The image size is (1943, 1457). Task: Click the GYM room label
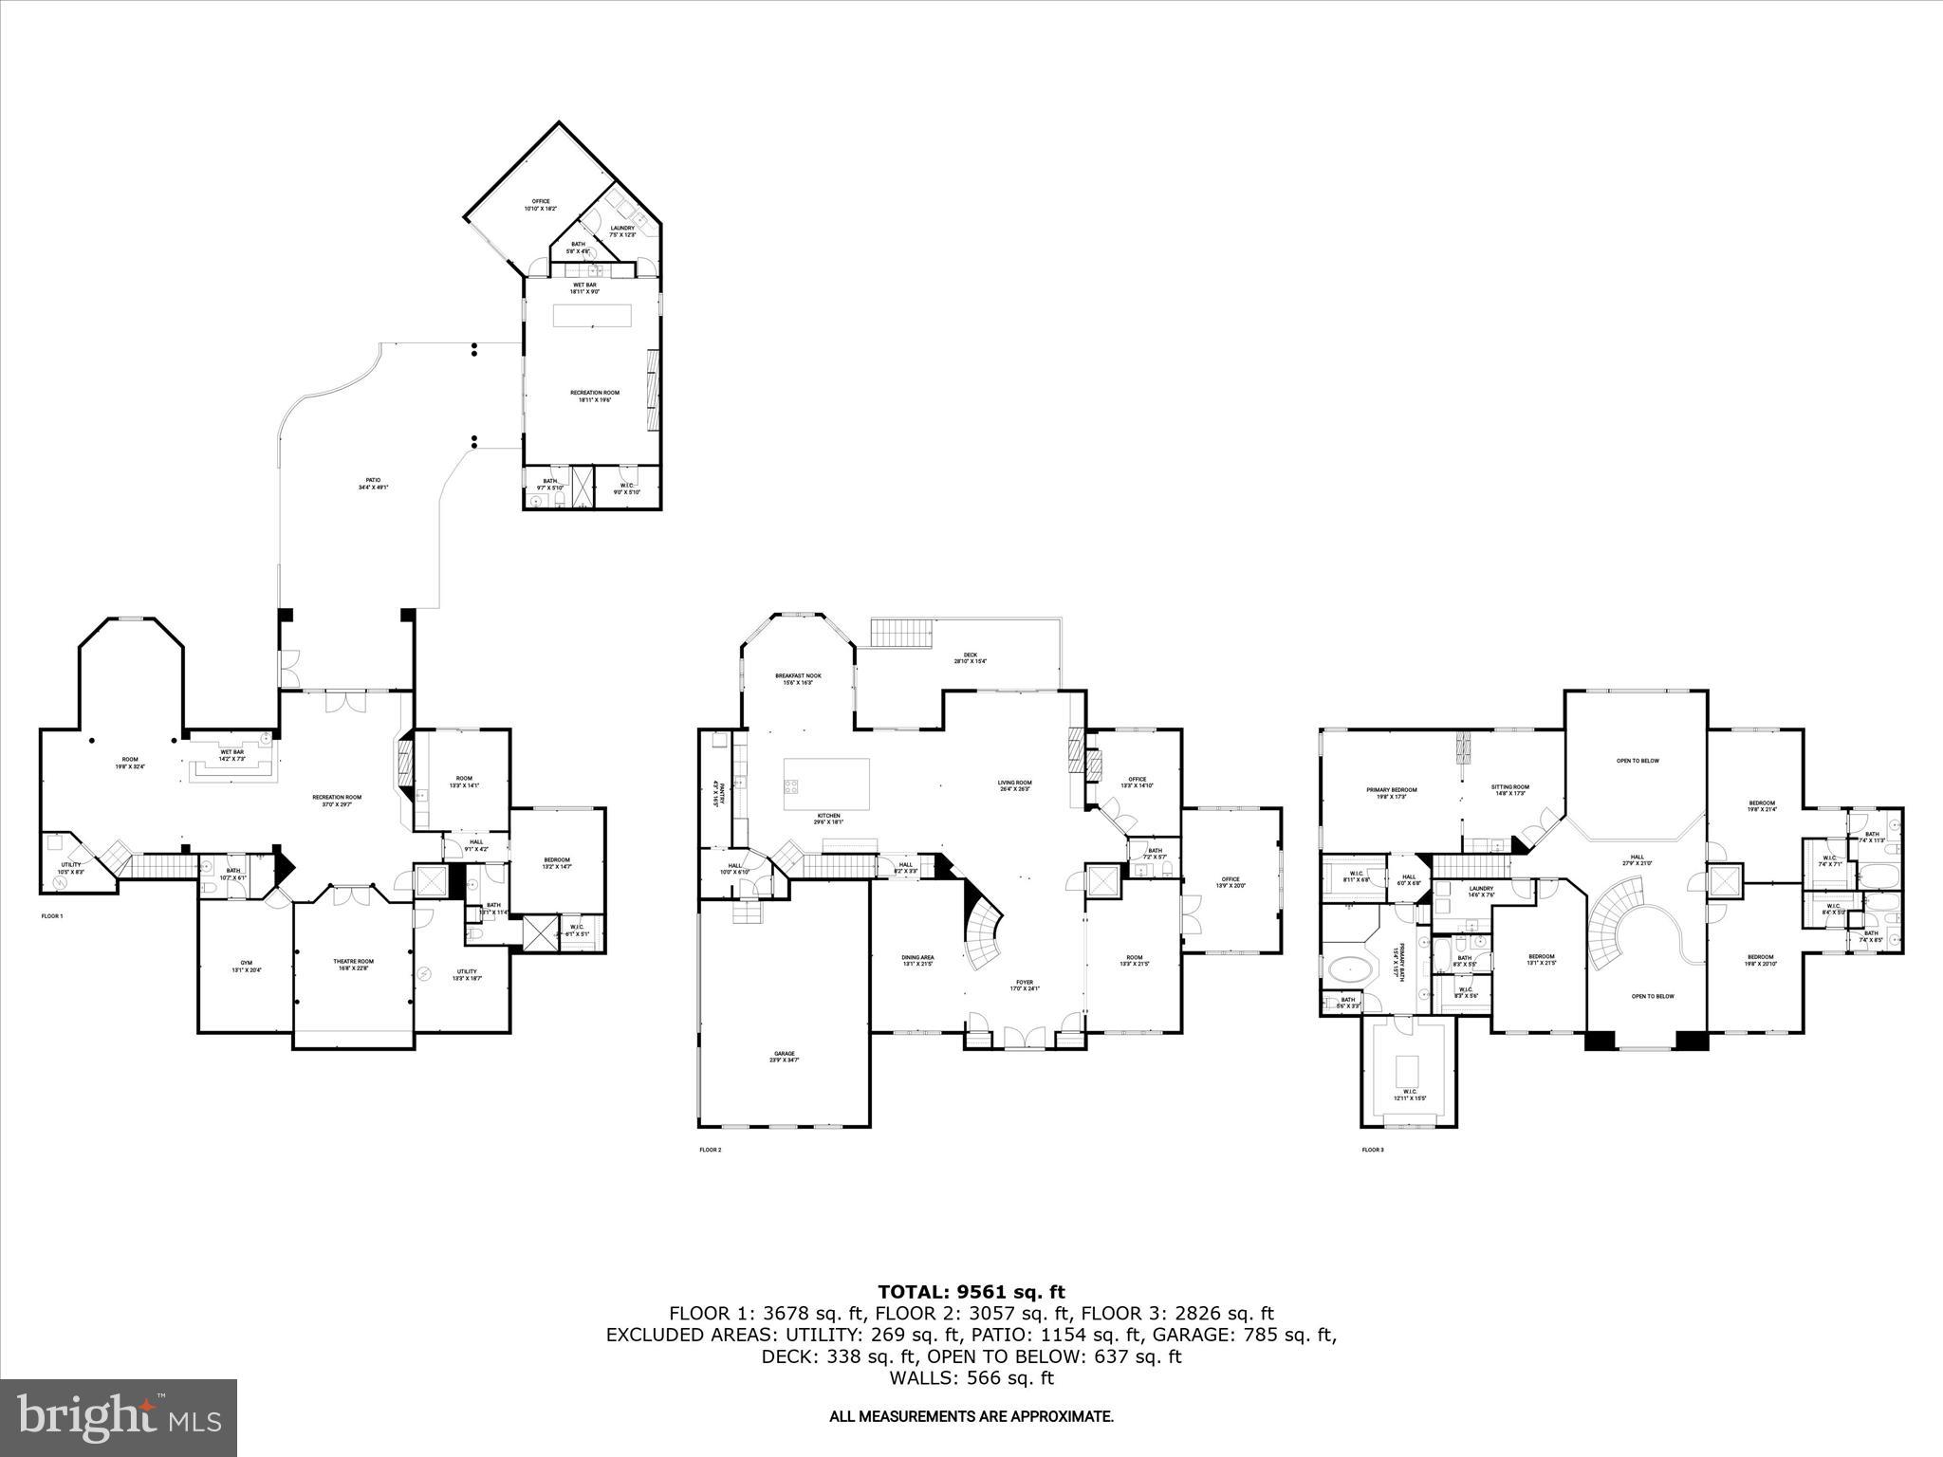click(245, 967)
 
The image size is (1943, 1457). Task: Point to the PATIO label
click(374, 484)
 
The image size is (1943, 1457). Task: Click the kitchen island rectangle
click(825, 784)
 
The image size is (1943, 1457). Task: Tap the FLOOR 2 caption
click(711, 1151)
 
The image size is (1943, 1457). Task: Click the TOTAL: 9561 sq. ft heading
click(971, 1292)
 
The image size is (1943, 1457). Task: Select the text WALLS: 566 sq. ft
click(971, 1378)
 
